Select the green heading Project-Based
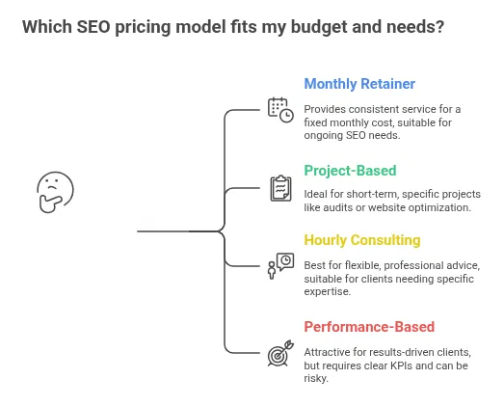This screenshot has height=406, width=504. coord(350,171)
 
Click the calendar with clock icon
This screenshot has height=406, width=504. coord(279,109)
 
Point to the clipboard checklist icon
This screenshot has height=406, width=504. coord(279,187)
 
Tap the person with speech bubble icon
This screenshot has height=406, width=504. coord(279,265)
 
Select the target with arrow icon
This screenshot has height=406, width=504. coord(279,353)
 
